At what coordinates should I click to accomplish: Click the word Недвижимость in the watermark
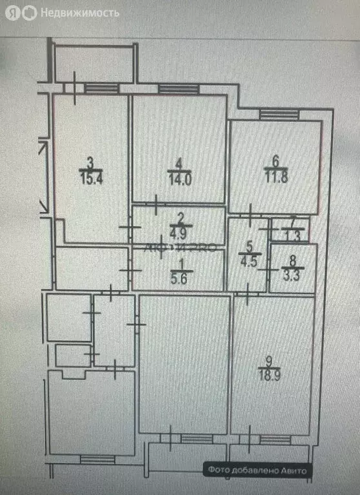80,12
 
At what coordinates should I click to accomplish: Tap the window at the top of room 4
178,89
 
